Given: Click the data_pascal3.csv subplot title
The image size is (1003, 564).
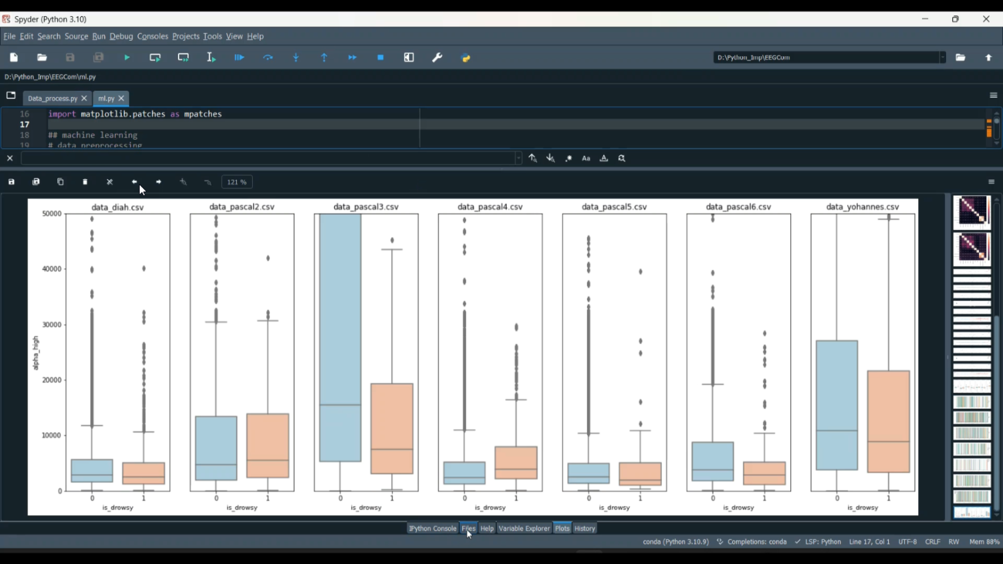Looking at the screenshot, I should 366,207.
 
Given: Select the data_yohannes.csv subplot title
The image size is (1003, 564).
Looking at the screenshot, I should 863,207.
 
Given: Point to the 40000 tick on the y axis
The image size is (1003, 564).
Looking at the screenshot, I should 51,269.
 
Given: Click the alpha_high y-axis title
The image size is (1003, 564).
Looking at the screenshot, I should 36,353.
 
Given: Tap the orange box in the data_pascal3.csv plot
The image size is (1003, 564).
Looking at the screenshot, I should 392,428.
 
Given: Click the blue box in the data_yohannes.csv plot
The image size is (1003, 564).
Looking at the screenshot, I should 837,405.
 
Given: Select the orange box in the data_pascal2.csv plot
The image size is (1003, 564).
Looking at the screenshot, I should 267,445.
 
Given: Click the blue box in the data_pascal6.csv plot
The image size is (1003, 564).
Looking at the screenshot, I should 713,461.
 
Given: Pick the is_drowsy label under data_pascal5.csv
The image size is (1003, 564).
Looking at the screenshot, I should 615,508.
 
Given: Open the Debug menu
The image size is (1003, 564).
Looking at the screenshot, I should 121,37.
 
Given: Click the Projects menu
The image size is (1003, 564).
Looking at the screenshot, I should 185,37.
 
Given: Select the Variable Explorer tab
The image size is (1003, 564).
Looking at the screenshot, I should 524,529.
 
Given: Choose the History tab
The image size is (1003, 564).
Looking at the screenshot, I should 584,529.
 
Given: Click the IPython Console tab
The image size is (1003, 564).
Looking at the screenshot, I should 433,529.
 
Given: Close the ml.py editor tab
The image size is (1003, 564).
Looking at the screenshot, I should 122,98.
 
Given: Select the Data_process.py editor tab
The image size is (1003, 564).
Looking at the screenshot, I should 52,99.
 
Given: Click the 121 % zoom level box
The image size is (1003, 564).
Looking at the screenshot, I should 237,182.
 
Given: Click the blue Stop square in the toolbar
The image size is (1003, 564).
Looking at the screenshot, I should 380,57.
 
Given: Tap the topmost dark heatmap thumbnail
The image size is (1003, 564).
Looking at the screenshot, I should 972,212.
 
